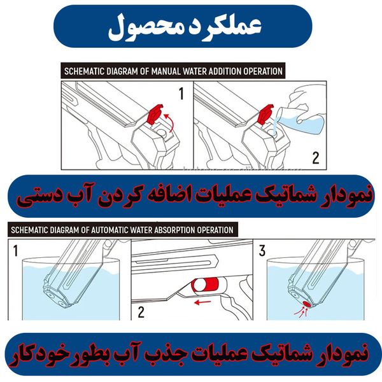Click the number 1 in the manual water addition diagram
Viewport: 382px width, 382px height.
click(181, 95)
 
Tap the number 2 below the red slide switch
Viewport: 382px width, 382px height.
click(141, 312)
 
